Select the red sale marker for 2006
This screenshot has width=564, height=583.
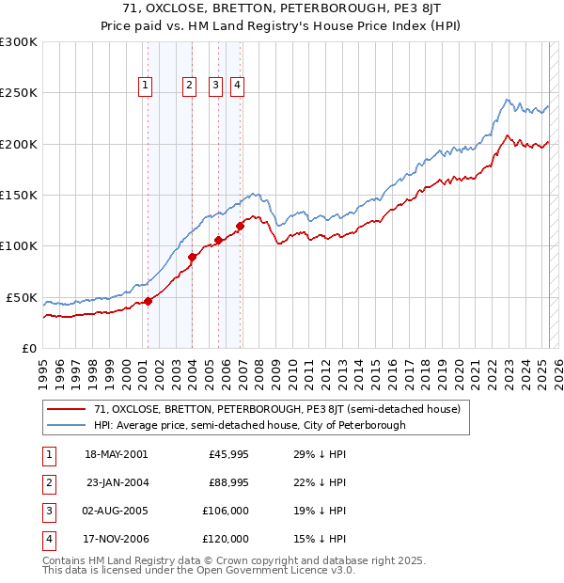pyautogui.click(x=241, y=226)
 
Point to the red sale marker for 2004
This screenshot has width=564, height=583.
pyautogui.click(x=193, y=257)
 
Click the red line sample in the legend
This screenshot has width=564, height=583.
pyautogui.click(x=66, y=410)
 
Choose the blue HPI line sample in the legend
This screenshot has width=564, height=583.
pyautogui.click(x=66, y=425)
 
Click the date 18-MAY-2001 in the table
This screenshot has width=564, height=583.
pyautogui.click(x=116, y=455)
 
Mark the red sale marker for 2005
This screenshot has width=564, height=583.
pyautogui.click(x=218, y=240)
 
